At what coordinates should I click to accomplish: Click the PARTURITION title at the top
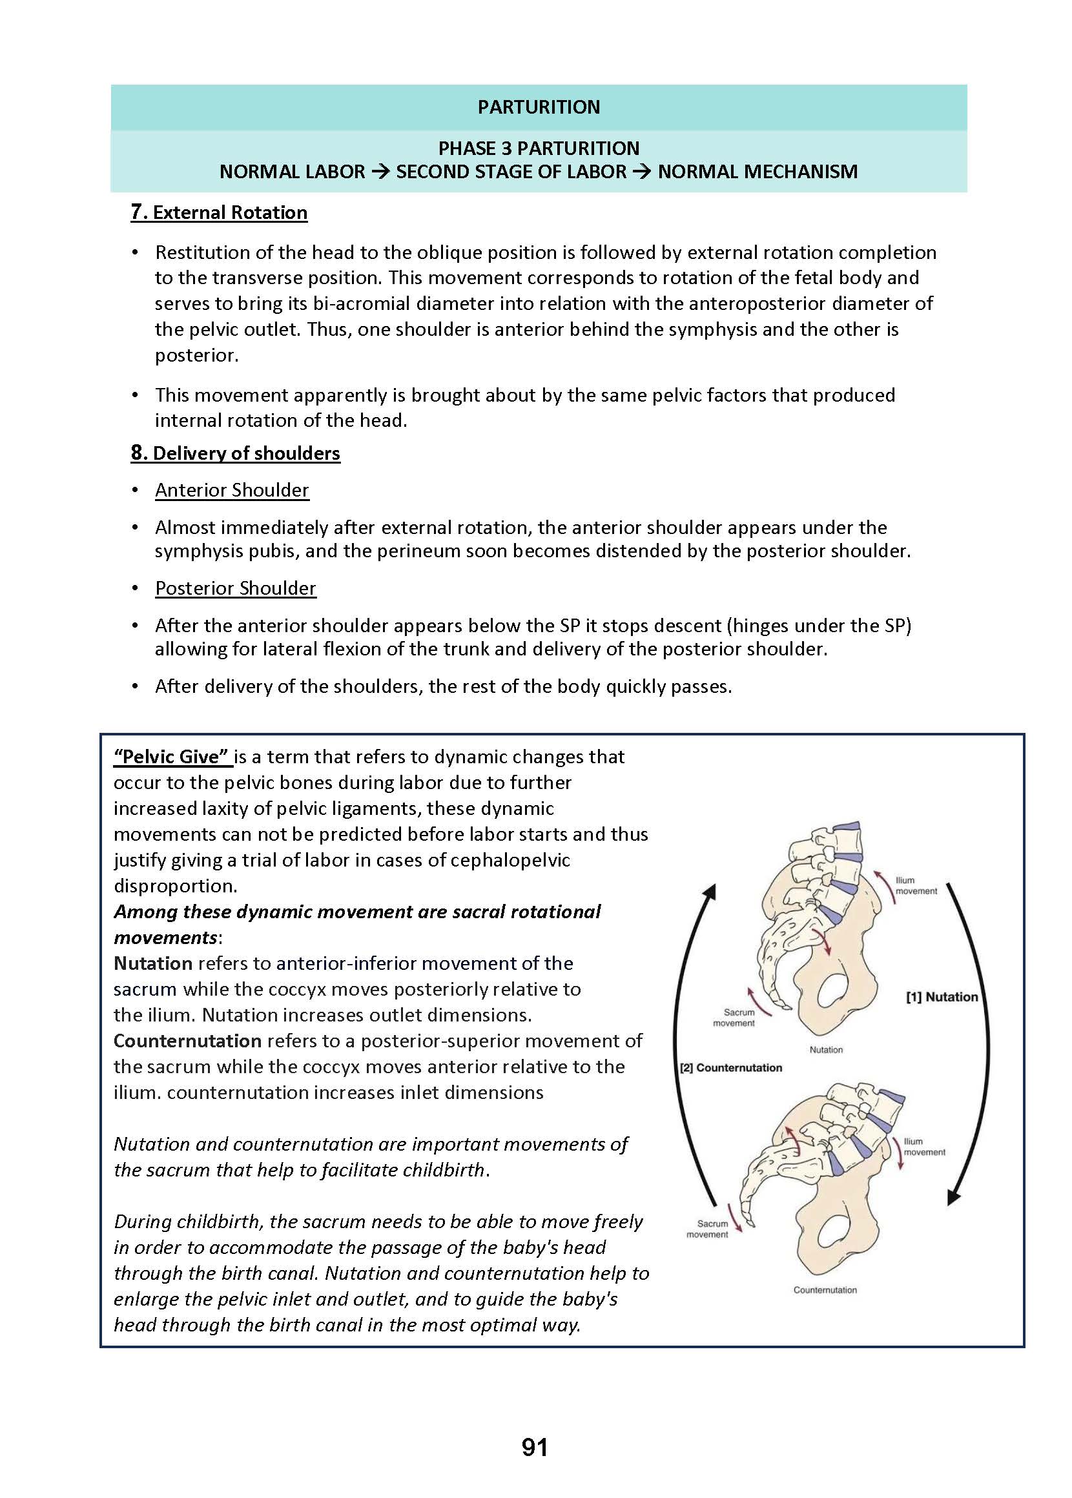pyautogui.click(x=539, y=107)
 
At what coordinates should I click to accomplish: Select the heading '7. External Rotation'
pyautogui.click(x=219, y=212)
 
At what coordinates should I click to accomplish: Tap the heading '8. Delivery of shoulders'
pyautogui.click(x=236, y=453)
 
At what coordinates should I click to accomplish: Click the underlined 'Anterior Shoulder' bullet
pyautogui.click(x=232, y=489)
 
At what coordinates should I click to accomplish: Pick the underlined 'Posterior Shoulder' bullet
pyautogui.click(x=236, y=588)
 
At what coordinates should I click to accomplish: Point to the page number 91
pyautogui.click(x=535, y=1447)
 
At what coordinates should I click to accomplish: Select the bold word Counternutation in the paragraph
pyautogui.click(x=187, y=1041)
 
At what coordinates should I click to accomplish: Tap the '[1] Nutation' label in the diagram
pyautogui.click(x=942, y=996)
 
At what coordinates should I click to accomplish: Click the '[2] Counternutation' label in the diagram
pyautogui.click(x=732, y=1068)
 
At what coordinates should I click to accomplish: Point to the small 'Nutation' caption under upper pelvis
pyautogui.click(x=826, y=1050)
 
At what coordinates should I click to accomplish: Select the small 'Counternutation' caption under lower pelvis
pyautogui.click(x=825, y=1290)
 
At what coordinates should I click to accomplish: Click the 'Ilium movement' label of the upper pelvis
pyautogui.click(x=916, y=886)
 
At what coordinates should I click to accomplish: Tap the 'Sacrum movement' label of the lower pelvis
pyautogui.click(x=708, y=1229)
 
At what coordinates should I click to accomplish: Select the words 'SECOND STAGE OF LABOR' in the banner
pyautogui.click(x=511, y=172)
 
